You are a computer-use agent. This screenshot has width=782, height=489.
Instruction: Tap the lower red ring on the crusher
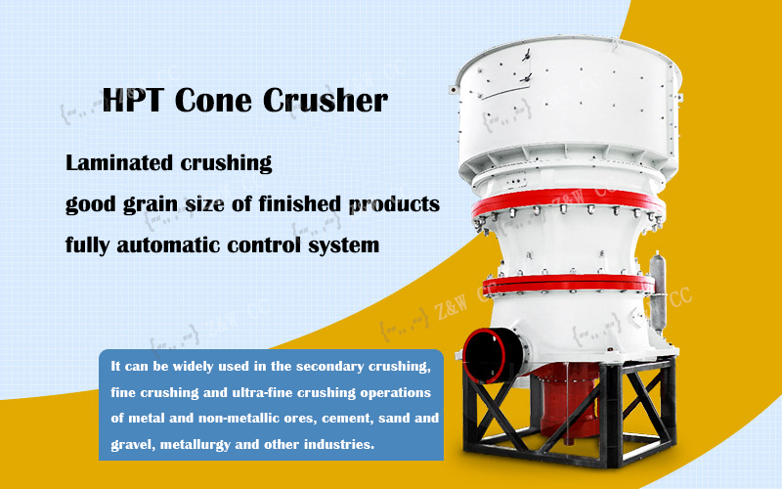coord(567,284)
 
